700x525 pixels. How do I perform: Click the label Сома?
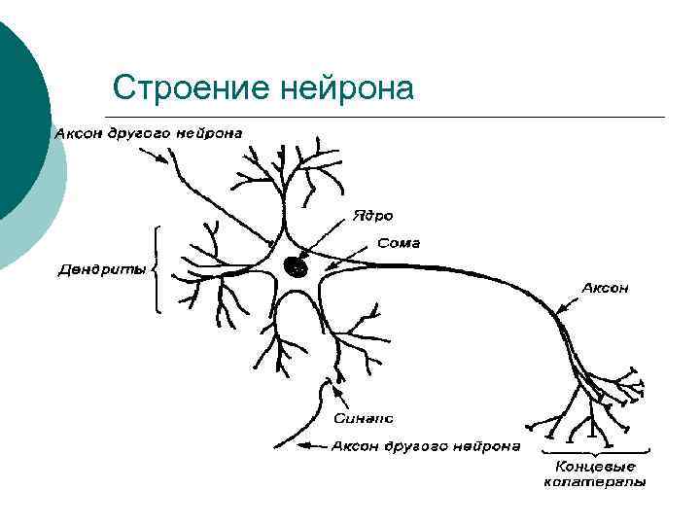pyautogui.click(x=398, y=243)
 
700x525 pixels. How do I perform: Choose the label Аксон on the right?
pyautogui.click(x=605, y=288)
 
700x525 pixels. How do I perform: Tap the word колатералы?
pyautogui.click(x=594, y=482)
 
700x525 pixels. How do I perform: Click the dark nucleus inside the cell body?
pyautogui.click(x=296, y=265)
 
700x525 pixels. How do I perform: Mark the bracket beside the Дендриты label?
pyautogui.click(x=157, y=269)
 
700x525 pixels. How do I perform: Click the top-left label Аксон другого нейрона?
pyautogui.click(x=148, y=132)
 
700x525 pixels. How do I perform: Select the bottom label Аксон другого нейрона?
pyautogui.click(x=425, y=446)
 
